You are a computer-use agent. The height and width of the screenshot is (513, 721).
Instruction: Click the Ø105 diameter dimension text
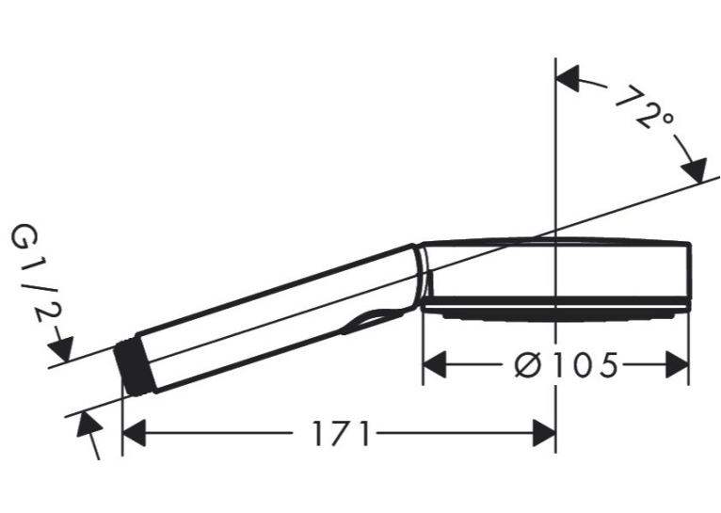566,365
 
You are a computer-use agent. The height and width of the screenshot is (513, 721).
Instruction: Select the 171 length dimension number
341,434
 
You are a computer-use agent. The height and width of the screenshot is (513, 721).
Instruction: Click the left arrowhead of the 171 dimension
135,433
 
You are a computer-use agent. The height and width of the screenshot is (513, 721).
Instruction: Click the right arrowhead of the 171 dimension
544,433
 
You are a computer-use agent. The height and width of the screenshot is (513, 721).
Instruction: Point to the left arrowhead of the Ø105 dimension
435,365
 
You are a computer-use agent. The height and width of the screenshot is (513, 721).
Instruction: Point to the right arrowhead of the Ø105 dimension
677,365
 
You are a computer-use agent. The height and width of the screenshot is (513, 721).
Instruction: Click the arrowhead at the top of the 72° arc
569,78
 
